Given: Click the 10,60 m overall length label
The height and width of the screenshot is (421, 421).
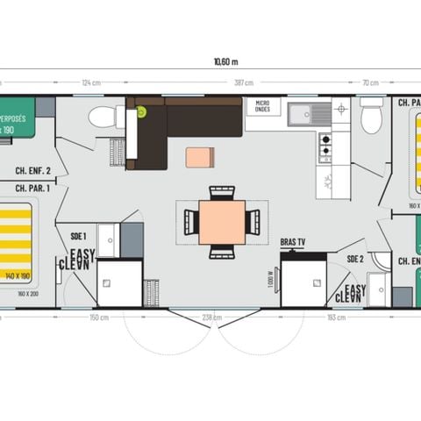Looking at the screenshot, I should click(225, 61).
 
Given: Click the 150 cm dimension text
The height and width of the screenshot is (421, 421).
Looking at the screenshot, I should click(98, 318).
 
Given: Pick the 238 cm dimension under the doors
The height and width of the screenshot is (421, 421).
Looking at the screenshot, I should click(210, 318).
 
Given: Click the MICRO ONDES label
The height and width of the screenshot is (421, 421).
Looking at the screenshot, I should click(262, 106).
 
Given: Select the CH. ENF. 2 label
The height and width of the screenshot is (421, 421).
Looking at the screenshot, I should click(33, 172).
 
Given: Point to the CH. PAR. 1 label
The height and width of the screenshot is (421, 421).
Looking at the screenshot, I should click(33, 187).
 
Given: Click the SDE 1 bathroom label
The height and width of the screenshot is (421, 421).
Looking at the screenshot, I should click(78, 236).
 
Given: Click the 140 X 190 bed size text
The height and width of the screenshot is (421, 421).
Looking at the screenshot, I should click(18, 275).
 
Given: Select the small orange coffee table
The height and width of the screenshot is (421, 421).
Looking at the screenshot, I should click(199, 157).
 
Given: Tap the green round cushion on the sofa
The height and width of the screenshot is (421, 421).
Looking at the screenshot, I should click(140, 112).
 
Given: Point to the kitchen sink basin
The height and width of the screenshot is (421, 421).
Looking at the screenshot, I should click(302, 112).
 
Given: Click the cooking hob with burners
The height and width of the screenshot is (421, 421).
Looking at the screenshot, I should click(325, 147).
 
